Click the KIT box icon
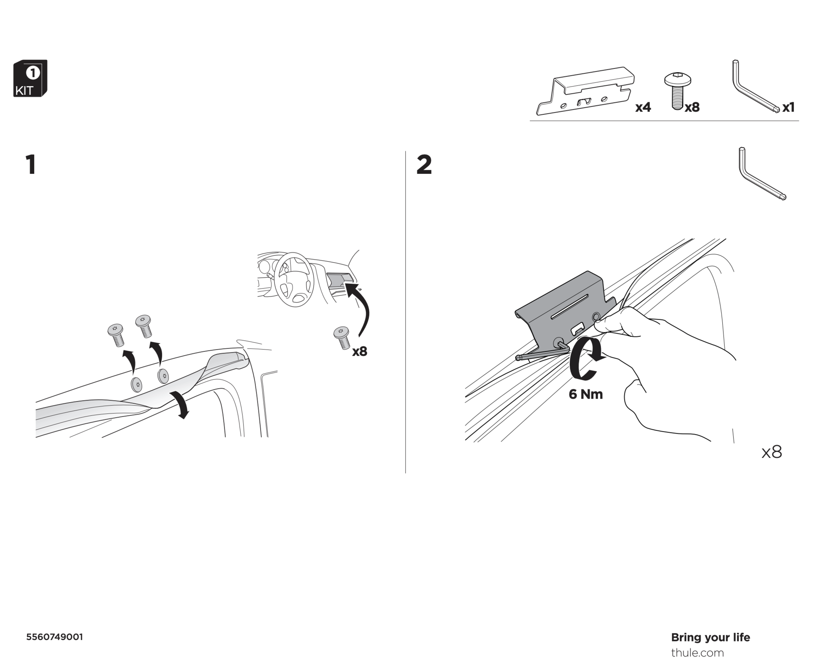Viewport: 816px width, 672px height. click(30, 79)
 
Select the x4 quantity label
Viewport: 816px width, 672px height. click(643, 107)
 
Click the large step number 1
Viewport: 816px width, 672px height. click(31, 165)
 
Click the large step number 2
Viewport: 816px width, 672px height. click(424, 165)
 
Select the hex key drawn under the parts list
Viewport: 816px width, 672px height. click(759, 174)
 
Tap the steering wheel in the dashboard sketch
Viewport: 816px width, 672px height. click(294, 279)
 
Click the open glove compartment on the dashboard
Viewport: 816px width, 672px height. click(338, 279)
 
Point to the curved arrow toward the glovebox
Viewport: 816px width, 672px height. click(361, 309)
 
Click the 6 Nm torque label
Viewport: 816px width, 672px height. click(585, 394)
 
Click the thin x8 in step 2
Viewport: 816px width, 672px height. click(771, 452)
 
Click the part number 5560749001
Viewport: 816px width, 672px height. click(55, 637)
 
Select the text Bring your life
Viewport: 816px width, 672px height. click(710, 637)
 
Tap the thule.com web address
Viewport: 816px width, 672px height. click(697, 653)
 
